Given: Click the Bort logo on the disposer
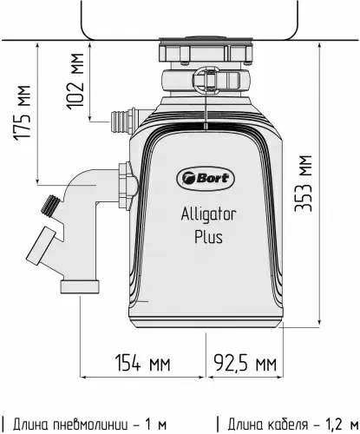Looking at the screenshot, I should (202, 176).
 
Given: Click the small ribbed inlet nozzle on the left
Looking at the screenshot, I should (121, 120).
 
